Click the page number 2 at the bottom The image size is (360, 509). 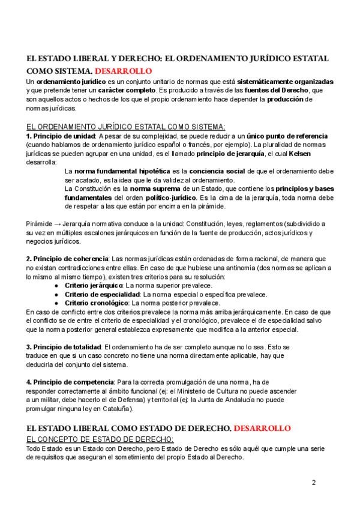tap(314, 482)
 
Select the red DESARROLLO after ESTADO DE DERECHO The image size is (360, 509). tap(262, 429)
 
